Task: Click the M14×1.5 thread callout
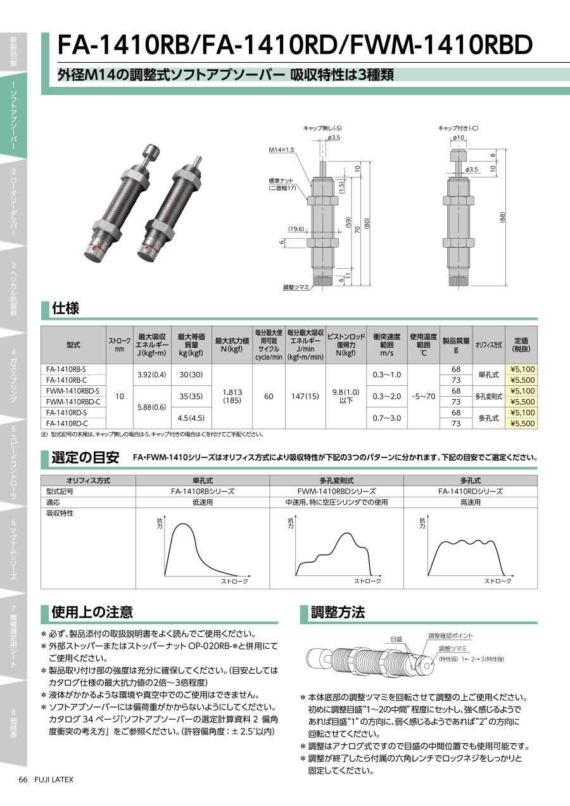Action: [x=282, y=150]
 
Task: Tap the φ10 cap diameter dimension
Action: [x=458, y=138]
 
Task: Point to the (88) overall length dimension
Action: [x=503, y=217]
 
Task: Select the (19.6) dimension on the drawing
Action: [x=296, y=229]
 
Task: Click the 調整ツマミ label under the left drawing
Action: [x=296, y=287]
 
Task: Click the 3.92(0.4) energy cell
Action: [x=152, y=374]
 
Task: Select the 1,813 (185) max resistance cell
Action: [x=232, y=396]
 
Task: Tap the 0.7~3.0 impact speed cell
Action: [x=386, y=418]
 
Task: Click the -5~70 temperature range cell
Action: [x=423, y=396]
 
